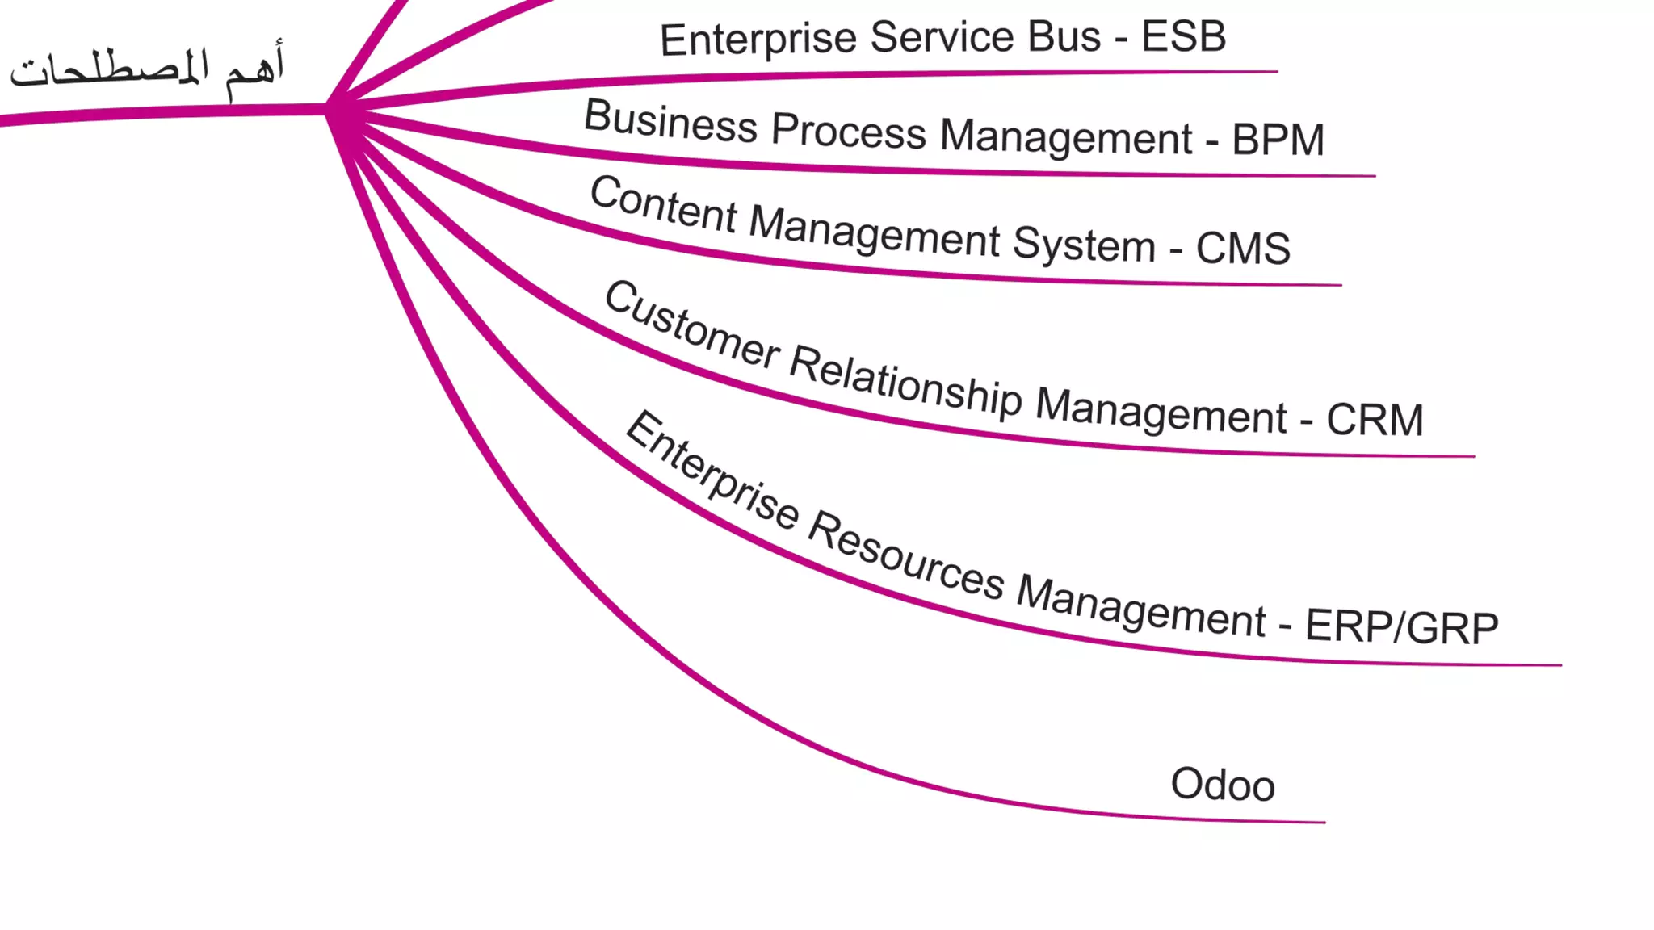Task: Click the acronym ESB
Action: (x=1183, y=37)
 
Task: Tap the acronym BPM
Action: (x=1278, y=140)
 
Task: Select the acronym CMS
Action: (x=1243, y=248)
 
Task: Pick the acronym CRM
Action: (x=1375, y=420)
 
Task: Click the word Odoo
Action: (x=1223, y=785)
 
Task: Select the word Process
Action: (x=848, y=132)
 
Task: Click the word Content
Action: (x=663, y=205)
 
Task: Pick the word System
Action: (x=1084, y=244)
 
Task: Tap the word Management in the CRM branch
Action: (x=1161, y=413)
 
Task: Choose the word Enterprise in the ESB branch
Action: (x=758, y=40)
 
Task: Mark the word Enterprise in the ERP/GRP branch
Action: (x=711, y=471)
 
